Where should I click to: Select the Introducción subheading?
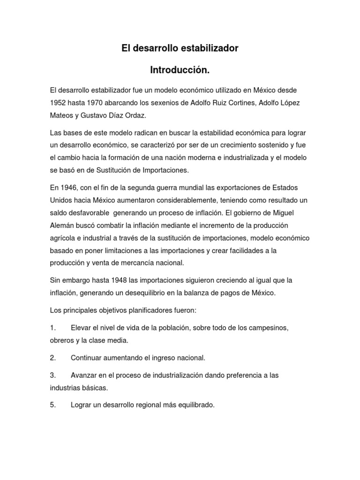point(179,70)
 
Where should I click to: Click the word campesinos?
point(265,327)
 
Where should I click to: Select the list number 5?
point(52,392)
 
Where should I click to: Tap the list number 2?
point(52,358)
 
